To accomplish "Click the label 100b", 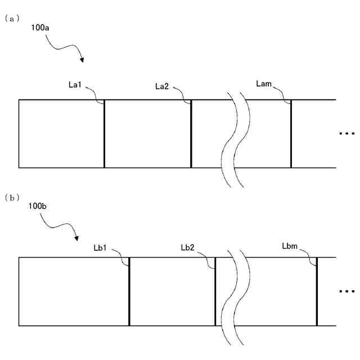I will (x=38, y=207).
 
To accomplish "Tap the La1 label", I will (x=75, y=85).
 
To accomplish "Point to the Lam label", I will (x=264, y=84).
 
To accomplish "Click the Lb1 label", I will (x=102, y=247).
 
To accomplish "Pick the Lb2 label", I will (x=189, y=247).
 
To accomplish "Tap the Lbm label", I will (x=291, y=245).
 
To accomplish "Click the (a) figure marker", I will (x=12, y=18).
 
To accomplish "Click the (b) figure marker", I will (x=12, y=198).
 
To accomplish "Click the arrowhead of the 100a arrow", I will (x=83, y=60).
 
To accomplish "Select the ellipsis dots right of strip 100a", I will (x=347, y=134).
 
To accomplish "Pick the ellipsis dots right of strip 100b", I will (x=347, y=291).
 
